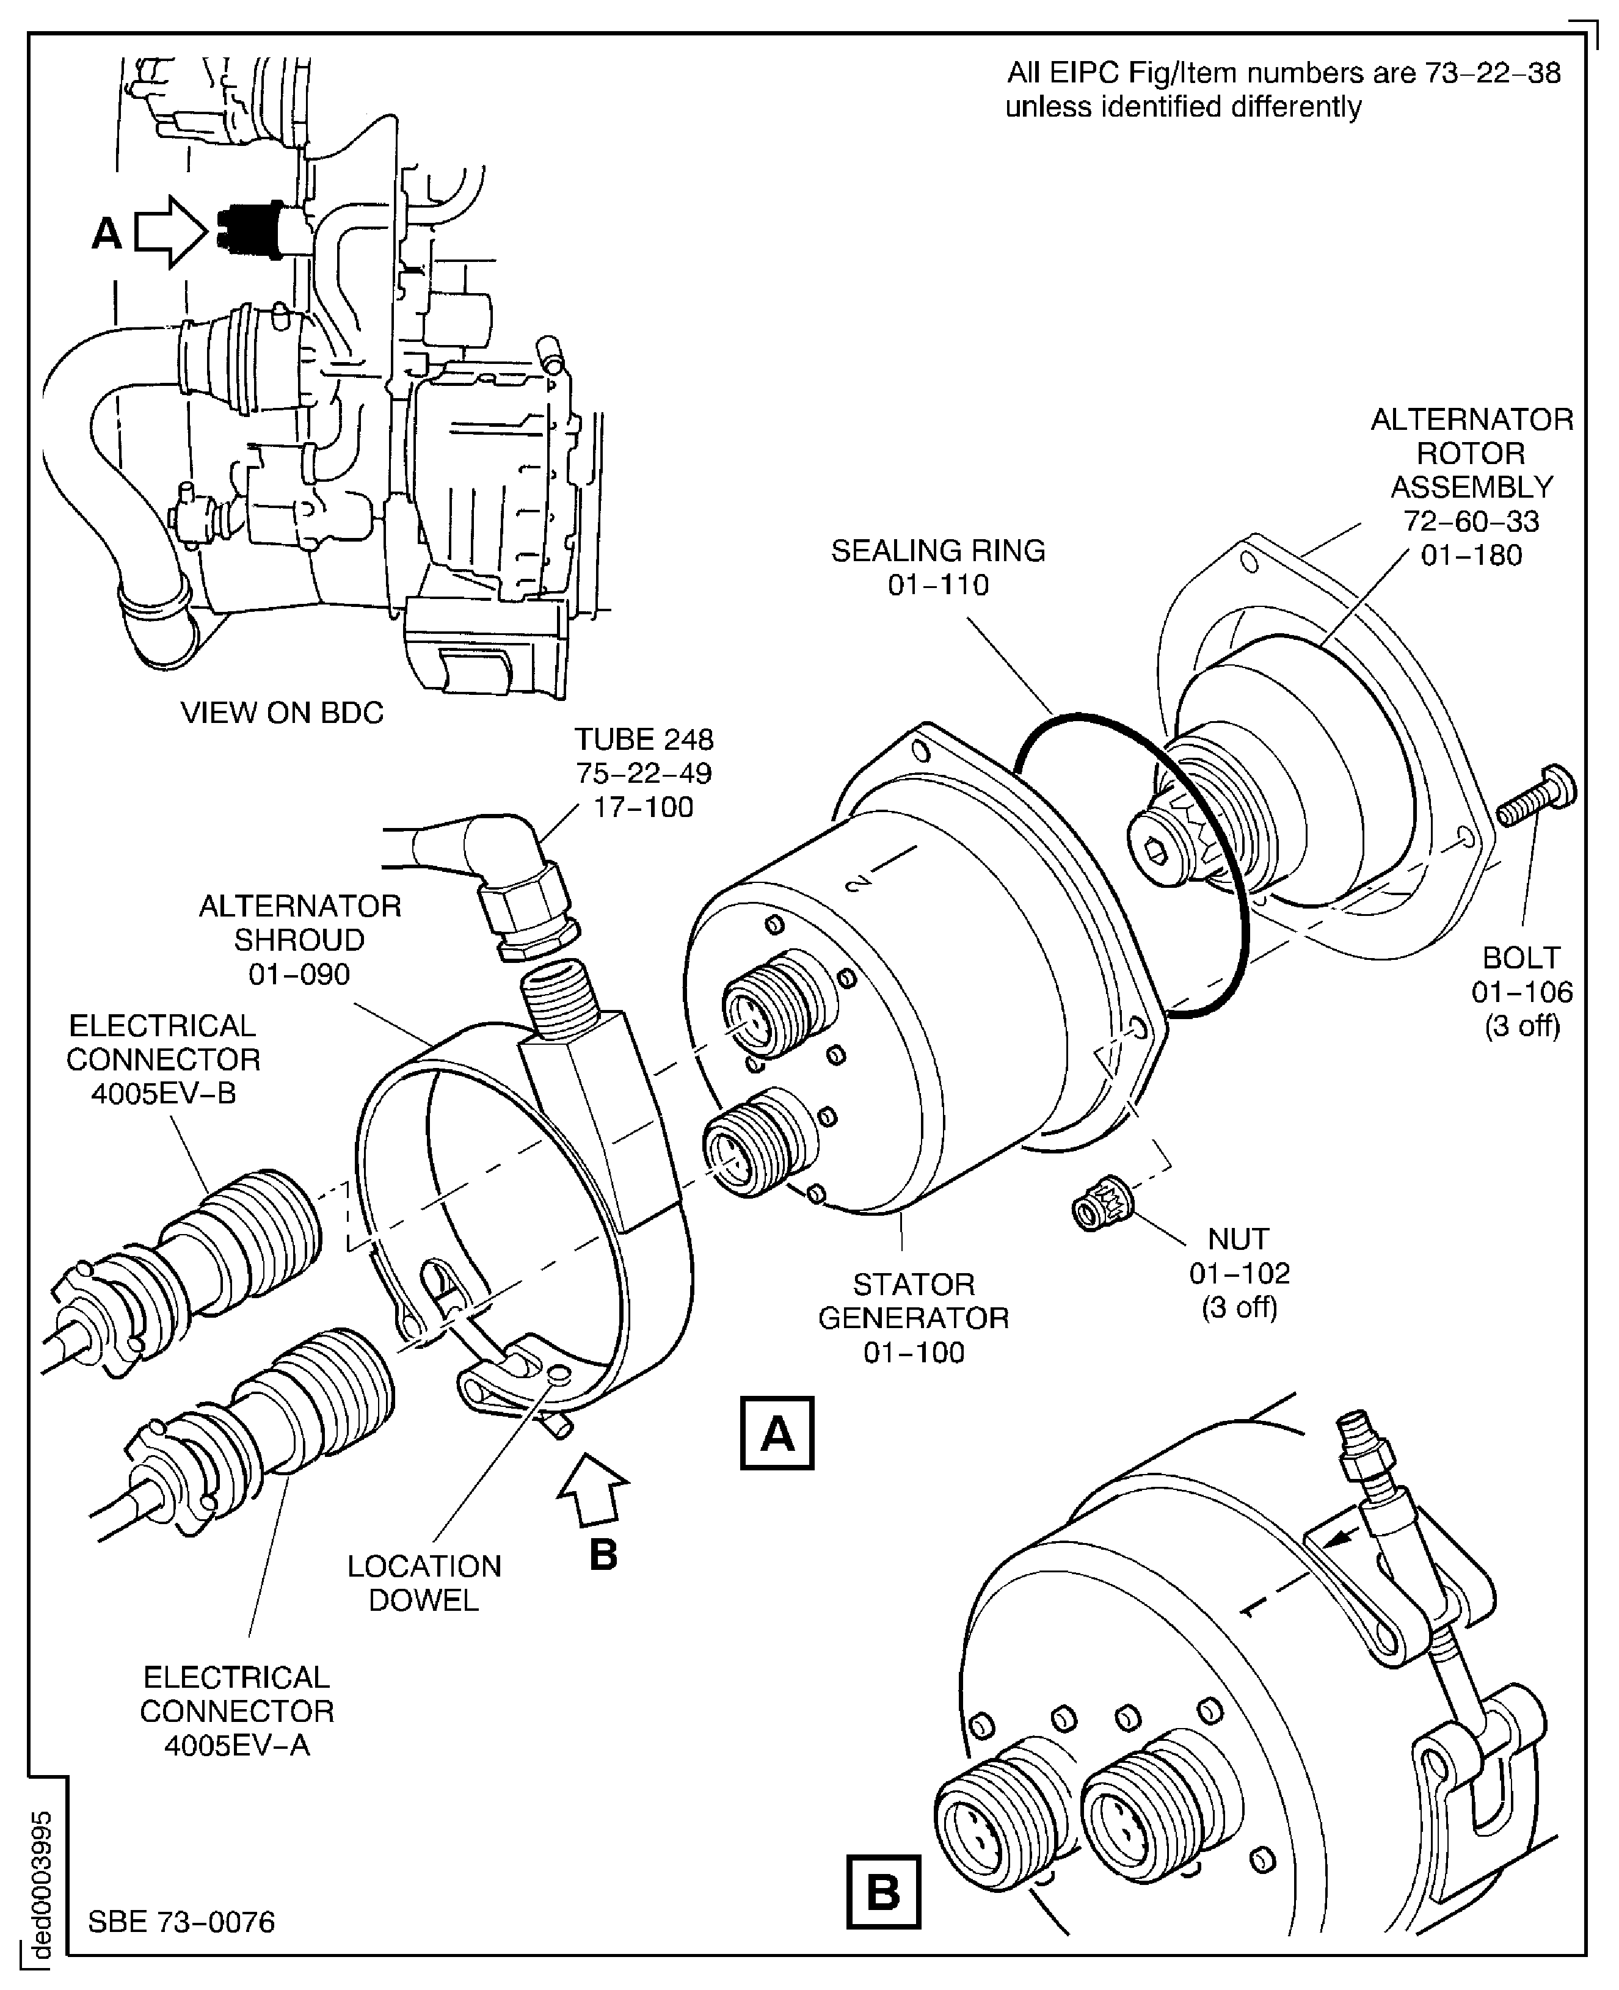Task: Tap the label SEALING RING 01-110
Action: pyautogui.click(x=937, y=568)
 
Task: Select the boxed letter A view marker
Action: pyautogui.click(x=777, y=1433)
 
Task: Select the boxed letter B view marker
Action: pyautogui.click(x=882, y=1892)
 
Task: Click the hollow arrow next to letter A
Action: pyautogui.click(x=170, y=232)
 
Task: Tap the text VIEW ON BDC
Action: pyautogui.click(x=282, y=713)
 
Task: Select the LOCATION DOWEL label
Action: pyautogui.click(x=424, y=1583)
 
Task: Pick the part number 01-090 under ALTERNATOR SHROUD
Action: pyautogui.click(x=299, y=975)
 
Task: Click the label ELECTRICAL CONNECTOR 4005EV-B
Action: pyautogui.click(x=162, y=1059)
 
